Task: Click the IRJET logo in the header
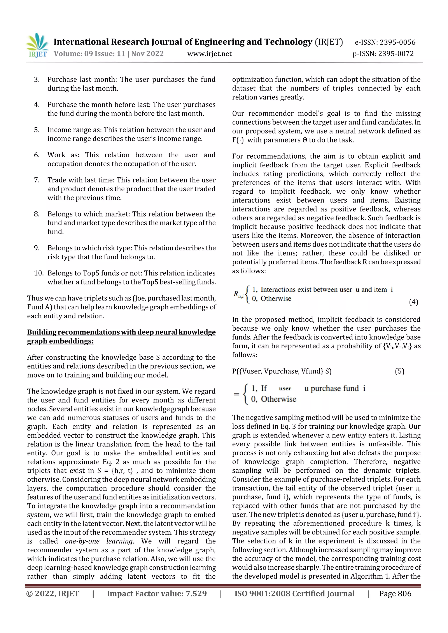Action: [37, 45]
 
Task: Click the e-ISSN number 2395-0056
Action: [397, 42]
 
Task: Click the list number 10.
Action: [39, 273]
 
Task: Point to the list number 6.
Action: [37, 155]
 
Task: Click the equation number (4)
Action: [413, 302]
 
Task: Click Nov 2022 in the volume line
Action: [147, 54]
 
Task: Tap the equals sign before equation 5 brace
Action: [236, 394]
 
